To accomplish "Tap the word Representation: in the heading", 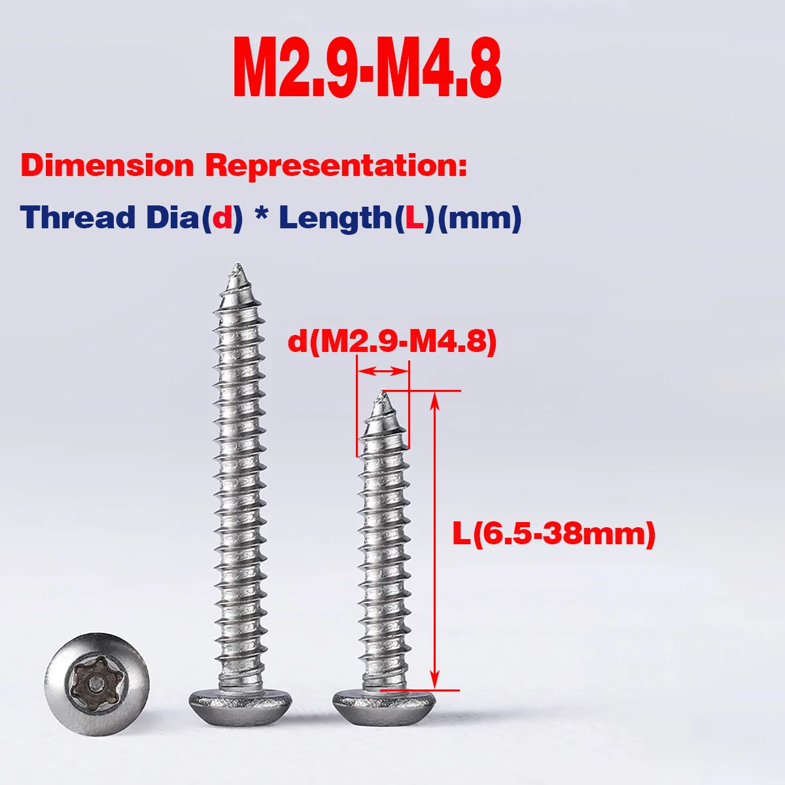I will tap(337, 166).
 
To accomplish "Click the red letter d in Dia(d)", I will tap(222, 217).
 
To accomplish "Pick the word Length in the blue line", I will tap(334, 217).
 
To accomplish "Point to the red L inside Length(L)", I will tap(414, 217).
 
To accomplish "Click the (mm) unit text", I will tap(479, 217).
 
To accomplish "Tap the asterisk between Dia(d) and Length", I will tap(261, 215).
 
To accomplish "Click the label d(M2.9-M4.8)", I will tap(392, 341).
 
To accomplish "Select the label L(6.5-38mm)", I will tap(553, 534).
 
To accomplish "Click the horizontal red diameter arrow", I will tap(383, 372).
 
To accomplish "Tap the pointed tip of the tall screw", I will tap(236, 268).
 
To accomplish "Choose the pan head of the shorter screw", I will tap(383, 705).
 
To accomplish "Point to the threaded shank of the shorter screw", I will tap(383, 549).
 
